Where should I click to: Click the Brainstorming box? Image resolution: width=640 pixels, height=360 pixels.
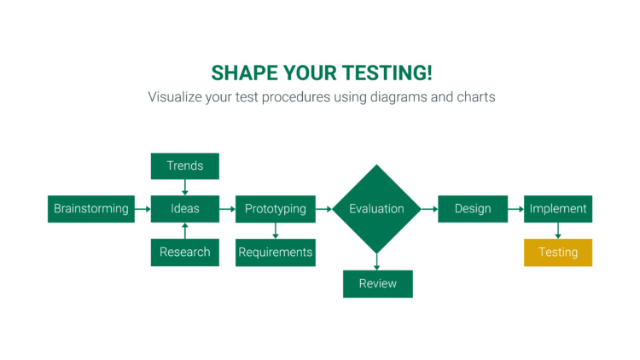point(91,209)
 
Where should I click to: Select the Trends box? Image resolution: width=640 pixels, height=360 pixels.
point(185,166)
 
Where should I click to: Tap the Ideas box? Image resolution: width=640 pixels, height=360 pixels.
point(185,209)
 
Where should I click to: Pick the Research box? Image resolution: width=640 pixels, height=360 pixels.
point(185,253)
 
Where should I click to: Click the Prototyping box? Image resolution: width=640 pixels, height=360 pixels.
point(276,209)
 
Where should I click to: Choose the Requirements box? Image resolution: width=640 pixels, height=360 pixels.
point(276,253)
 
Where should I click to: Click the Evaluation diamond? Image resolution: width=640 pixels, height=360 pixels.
point(376,209)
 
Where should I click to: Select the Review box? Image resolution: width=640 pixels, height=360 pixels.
point(378,284)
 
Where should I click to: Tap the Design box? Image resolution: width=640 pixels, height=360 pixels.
point(473,209)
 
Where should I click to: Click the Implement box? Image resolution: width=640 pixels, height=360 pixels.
point(558,209)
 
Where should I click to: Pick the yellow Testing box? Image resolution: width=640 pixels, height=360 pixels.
point(558,253)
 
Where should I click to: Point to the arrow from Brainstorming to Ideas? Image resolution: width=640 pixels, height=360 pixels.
point(143,209)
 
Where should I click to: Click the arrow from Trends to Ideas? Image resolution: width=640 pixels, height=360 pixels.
point(185,188)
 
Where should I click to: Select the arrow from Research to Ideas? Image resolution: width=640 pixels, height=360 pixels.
point(185,230)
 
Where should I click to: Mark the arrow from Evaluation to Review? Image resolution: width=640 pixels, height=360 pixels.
point(376,262)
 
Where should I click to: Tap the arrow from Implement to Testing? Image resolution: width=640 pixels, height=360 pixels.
point(558,230)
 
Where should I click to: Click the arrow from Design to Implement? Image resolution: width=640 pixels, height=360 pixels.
point(516,209)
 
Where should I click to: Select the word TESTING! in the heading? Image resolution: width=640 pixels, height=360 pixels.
point(387,73)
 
